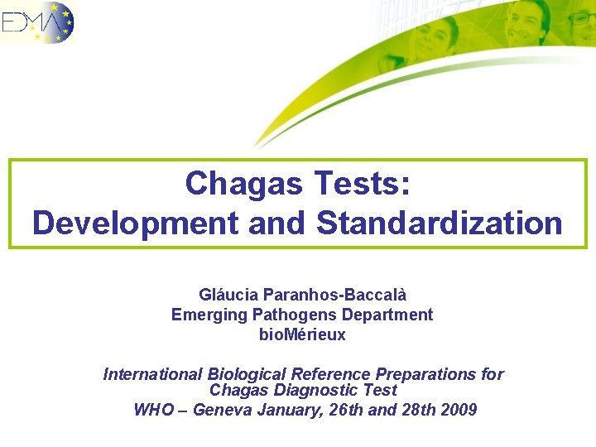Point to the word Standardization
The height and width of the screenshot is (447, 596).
[439, 223]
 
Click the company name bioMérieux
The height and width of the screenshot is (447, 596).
[302, 335]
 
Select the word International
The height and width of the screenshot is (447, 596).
[152, 374]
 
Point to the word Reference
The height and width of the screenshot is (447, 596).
[322, 374]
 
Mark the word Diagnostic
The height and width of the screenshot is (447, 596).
[318, 390]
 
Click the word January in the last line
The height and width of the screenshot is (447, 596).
[286, 409]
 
